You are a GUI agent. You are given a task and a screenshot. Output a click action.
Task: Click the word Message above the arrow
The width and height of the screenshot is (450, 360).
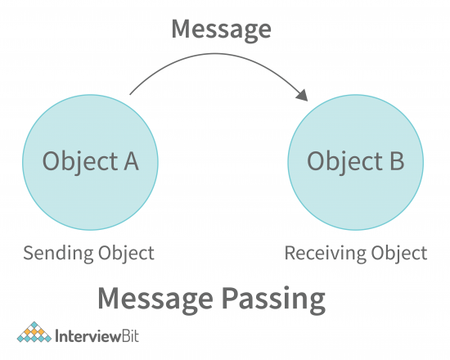tap(220, 30)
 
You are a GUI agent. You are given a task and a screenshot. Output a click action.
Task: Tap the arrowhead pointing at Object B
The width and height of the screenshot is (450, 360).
tap(302, 97)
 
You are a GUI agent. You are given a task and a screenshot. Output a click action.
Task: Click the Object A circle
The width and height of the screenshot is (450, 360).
tap(91, 161)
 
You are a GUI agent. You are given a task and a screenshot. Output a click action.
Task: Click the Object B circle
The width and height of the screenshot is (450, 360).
tap(356, 161)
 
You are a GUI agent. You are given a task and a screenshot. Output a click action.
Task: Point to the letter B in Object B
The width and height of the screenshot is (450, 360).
tap(394, 161)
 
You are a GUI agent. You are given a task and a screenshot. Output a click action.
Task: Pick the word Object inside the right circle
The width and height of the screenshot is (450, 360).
tap(343, 162)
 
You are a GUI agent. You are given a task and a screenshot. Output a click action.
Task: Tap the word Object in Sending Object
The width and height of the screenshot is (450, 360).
tap(125, 253)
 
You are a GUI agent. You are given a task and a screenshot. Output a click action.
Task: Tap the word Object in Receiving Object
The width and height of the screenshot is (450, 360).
tap(397, 253)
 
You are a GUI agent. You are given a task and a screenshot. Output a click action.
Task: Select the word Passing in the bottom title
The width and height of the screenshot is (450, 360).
tap(274, 298)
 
